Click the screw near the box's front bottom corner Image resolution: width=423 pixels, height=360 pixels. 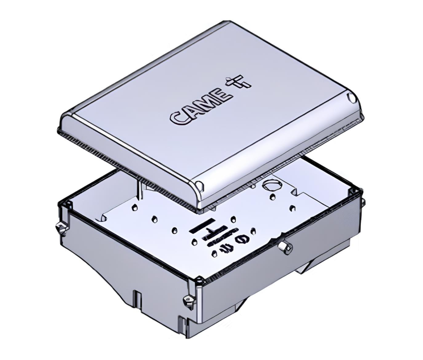[x=188, y=300]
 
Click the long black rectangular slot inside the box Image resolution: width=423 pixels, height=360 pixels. [x=202, y=226]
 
